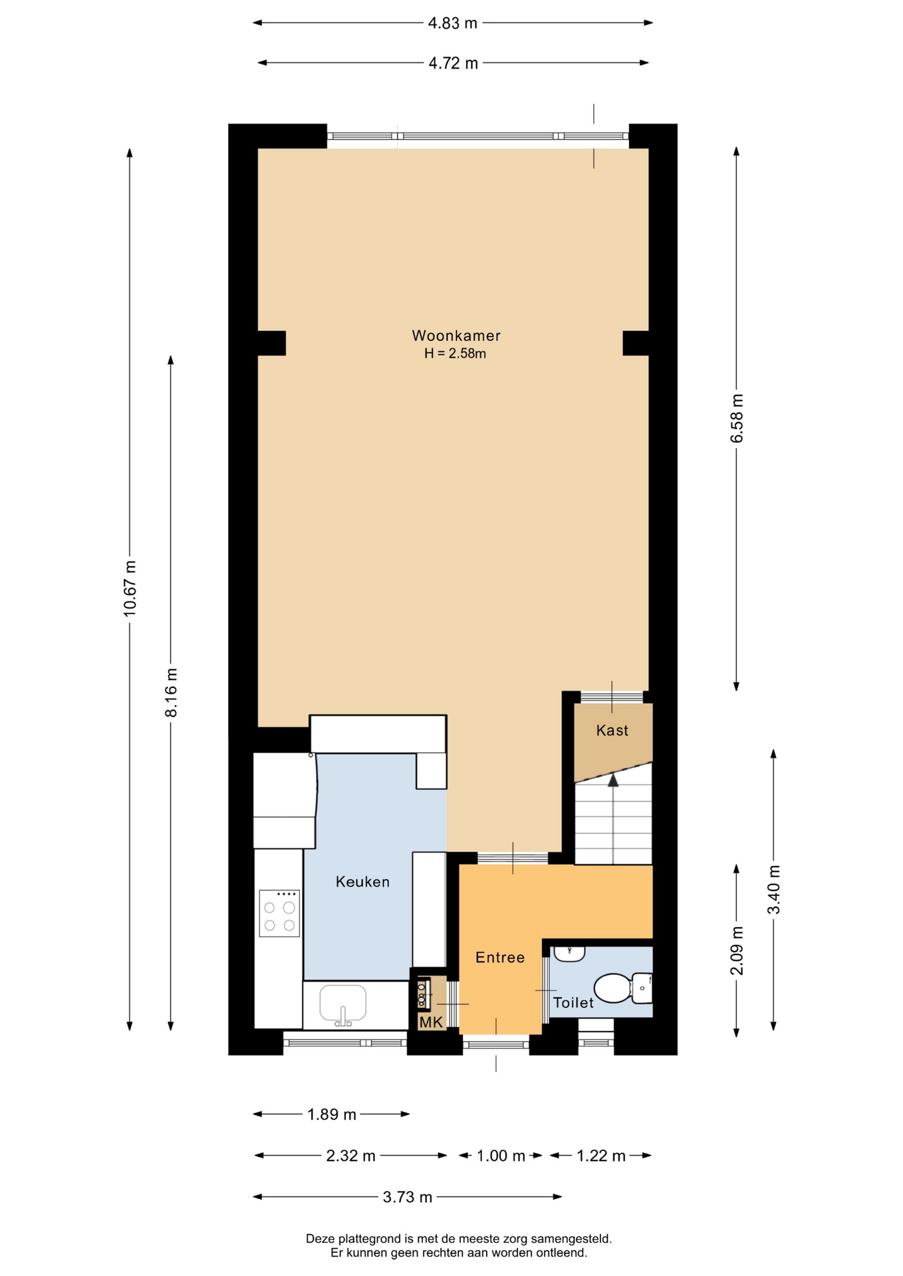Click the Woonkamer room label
tap(456, 336)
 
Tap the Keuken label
tap(362, 882)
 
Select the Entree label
tap(500, 958)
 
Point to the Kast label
tap(612, 730)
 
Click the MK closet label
tap(431, 1022)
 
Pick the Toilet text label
tap(573, 1002)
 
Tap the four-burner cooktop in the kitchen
tap(279, 913)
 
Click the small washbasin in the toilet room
tap(569, 954)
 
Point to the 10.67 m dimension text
tap(130, 588)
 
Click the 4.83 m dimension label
tap(453, 23)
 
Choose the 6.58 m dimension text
tap(737, 418)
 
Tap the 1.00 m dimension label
tap(501, 1156)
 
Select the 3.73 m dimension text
tap(408, 1197)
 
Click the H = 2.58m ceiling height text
tap(455, 354)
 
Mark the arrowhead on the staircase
tap(613, 780)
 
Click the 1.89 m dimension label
tap(332, 1115)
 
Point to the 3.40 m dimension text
tap(774, 889)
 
